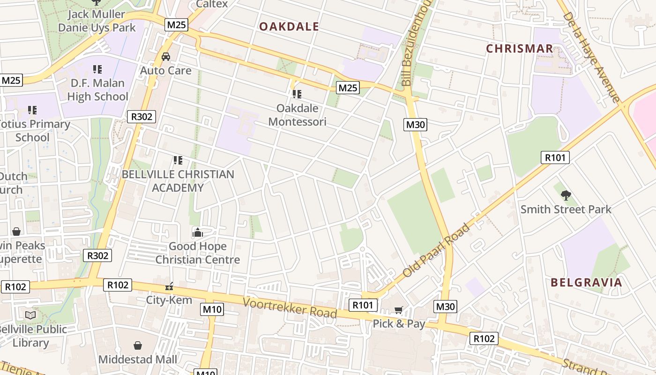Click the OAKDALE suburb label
pos(289,27)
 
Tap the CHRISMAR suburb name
pos(520,49)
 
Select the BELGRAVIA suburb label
pos(586,282)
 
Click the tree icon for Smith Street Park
pos(566,195)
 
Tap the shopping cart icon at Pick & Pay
pos(399,310)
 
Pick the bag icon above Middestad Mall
pos(138,345)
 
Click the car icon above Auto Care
pos(166,57)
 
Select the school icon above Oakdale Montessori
pos(297,94)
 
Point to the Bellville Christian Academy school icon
pos(178,160)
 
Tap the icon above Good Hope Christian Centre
pos(197,232)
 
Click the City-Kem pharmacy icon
pos(169,286)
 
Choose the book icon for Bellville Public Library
pos(30,315)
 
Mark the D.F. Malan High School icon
pos(97,69)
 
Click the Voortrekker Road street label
pos(290,307)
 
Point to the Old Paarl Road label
pos(436,250)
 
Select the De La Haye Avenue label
pos(591,56)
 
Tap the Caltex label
pos(212,4)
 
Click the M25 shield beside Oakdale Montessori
pos(348,88)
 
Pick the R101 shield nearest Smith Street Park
pos(555,157)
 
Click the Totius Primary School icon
pos(32,110)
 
